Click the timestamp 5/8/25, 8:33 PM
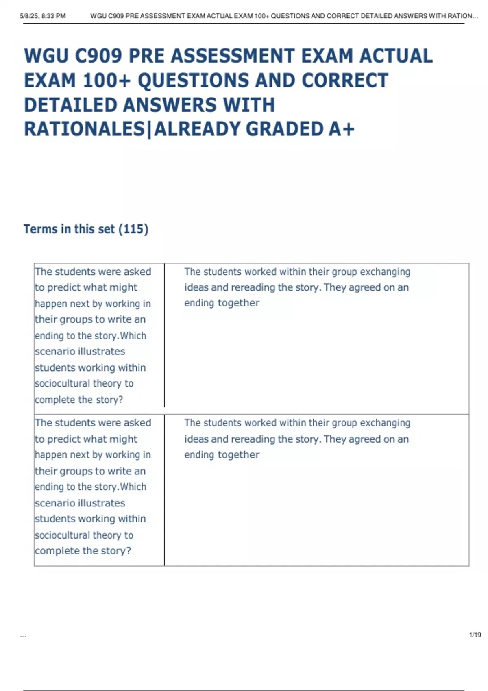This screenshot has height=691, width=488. tap(43, 16)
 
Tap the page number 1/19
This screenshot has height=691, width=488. tap(475, 635)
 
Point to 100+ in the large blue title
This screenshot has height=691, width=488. tap(107, 80)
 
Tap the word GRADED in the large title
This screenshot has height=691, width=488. tap(285, 129)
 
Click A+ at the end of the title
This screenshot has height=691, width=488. tap(342, 129)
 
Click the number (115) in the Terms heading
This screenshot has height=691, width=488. tap(133, 229)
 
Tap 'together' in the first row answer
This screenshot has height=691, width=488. tap(239, 303)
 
